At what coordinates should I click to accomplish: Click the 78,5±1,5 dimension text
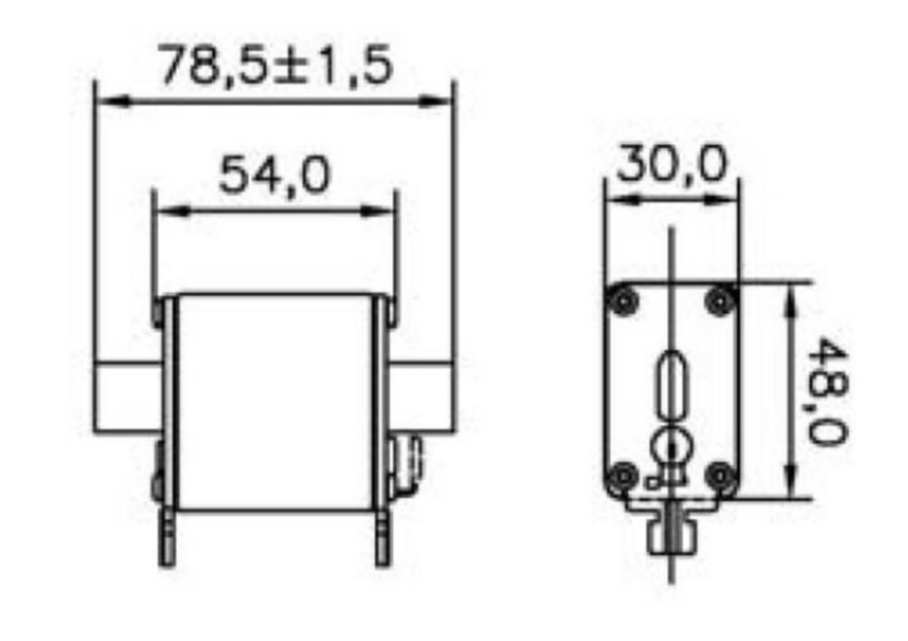[276, 65]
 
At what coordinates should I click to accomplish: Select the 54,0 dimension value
[275, 176]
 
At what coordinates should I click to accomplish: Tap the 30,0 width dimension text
[672, 164]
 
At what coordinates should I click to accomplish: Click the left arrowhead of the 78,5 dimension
[113, 101]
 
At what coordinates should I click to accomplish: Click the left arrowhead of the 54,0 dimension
[173, 211]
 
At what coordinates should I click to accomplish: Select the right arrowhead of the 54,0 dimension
[378, 211]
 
